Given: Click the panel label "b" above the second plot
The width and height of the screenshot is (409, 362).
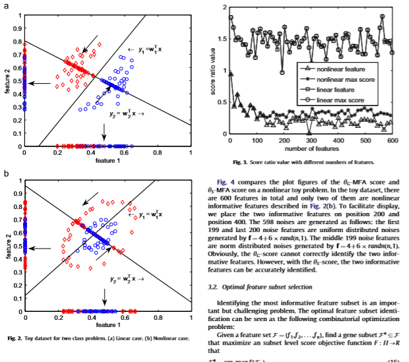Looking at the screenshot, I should (x=6, y=173).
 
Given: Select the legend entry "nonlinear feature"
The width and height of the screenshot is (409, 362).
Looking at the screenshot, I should (x=337, y=69).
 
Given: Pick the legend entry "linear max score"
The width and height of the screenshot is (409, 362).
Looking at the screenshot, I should (x=340, y=99).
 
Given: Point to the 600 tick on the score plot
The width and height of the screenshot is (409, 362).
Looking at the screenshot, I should (x=393, y=141).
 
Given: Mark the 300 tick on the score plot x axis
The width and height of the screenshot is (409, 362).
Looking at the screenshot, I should (x=311, y=141).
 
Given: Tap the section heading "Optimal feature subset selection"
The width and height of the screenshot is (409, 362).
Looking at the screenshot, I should (x=266, y=287).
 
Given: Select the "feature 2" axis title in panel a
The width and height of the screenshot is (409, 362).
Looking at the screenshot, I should (x=6, y=80).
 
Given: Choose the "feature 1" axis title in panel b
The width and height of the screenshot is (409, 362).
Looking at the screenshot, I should (x=107, y=324).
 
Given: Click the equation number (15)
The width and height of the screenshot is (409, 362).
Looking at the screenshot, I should (x=393, y=361).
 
